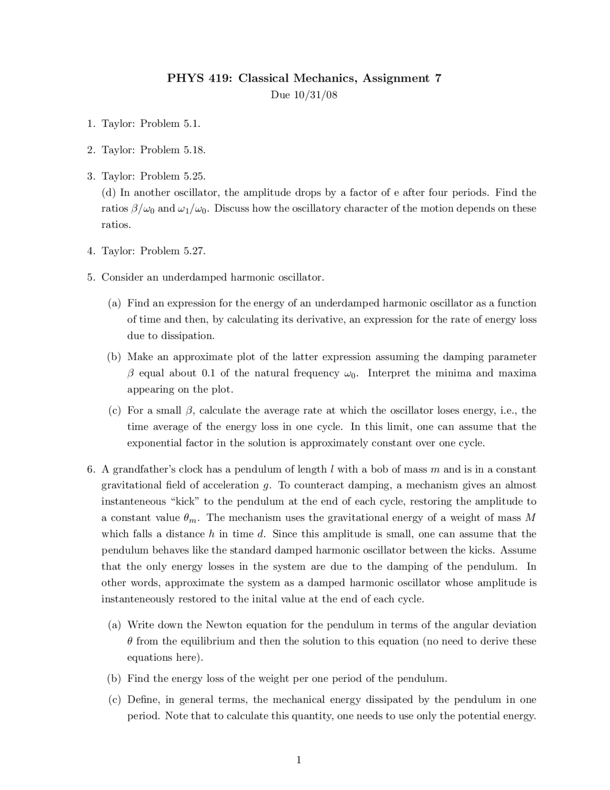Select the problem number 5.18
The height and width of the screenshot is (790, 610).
194,150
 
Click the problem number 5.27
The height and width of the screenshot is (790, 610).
194,251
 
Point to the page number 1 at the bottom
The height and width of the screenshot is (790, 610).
299,760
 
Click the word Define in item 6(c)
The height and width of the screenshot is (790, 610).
143,700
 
